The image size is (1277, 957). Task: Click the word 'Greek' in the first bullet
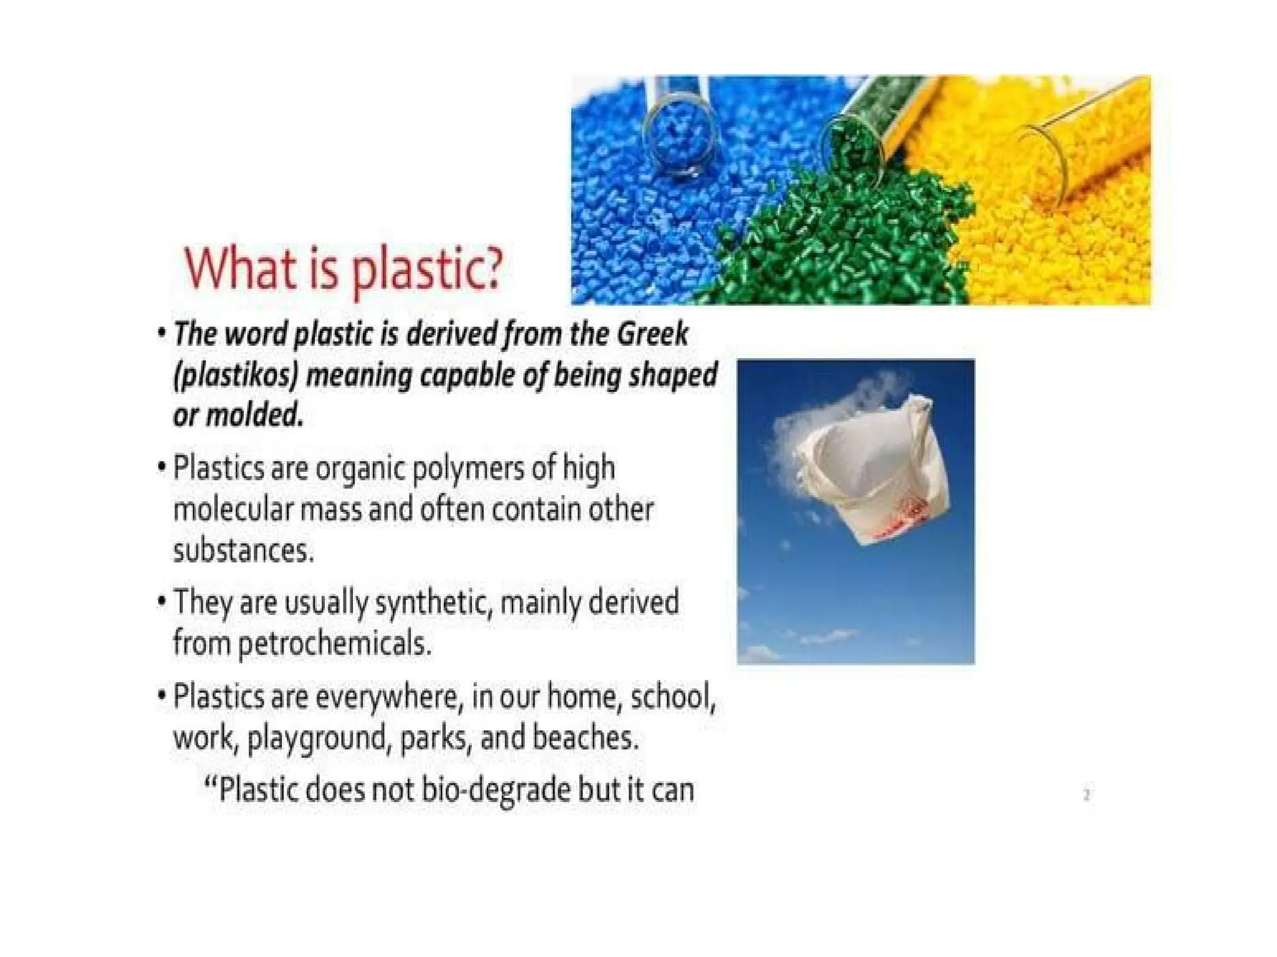click(652, 334)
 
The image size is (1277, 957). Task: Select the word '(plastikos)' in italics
click(236, 376)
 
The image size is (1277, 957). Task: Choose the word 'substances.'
click(243, 551)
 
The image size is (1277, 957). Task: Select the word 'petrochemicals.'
click(335, 643)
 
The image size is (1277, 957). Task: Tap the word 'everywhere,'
click(389, 696)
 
